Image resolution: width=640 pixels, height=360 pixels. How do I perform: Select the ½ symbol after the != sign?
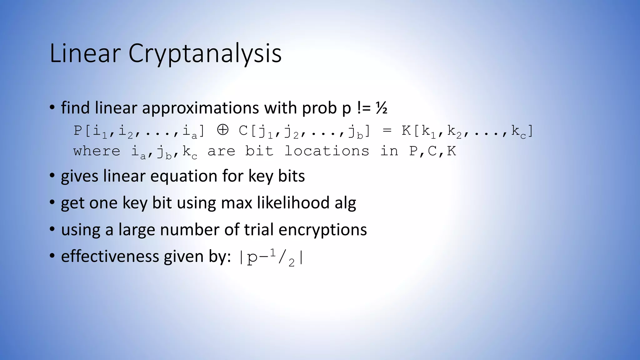coord(382,108)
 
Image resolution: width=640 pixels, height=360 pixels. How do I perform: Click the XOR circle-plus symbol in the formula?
coord(222,130)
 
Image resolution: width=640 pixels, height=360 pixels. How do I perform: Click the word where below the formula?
coord(97,151)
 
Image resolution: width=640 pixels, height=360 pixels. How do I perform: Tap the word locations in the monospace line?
coord(327,151)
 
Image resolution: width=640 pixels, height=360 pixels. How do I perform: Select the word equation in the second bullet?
coord(184,176)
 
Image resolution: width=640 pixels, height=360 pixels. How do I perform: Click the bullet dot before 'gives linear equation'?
coord(52,176)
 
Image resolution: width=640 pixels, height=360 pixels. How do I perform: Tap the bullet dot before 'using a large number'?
coord(52,229)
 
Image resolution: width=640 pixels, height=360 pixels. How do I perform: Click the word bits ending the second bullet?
coord(291,176)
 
